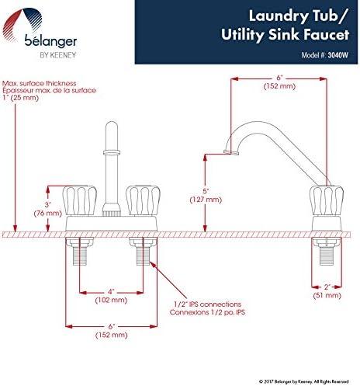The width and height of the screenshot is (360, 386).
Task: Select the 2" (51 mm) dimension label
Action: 327,290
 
